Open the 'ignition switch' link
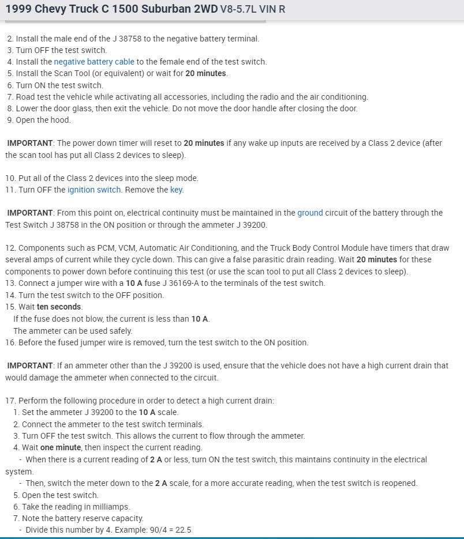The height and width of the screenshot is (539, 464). (x=94, y=190)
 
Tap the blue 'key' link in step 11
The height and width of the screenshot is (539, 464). (x=176, y=190)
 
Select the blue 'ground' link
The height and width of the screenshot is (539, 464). (x=310, y=213)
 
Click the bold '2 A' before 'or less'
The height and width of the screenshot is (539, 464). (x=156, y=459)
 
